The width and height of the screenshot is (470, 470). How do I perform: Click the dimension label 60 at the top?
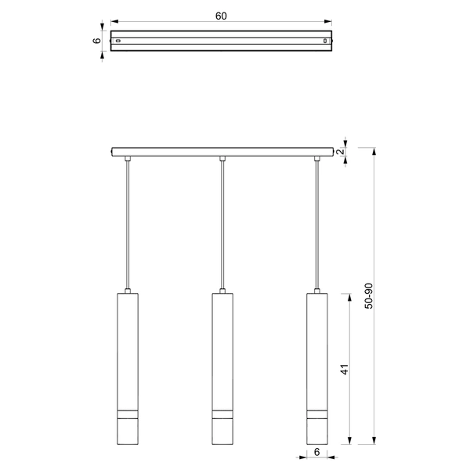222,16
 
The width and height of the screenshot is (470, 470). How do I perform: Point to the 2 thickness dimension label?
341,151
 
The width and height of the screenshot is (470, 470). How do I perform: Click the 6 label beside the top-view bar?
96,42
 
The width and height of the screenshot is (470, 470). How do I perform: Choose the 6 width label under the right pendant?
318,452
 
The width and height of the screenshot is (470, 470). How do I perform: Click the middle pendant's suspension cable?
222,227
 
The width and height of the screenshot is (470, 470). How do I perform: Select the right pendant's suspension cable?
317,227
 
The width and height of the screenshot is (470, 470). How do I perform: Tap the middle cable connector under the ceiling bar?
222,160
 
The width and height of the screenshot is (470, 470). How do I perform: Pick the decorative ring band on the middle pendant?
222,414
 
